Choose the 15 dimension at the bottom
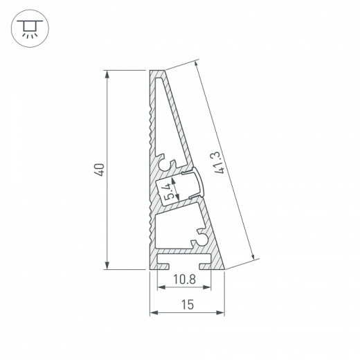(188, 305)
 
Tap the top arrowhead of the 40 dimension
(107, 73)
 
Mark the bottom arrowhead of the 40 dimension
(107, 265)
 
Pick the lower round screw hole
(201, 237)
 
